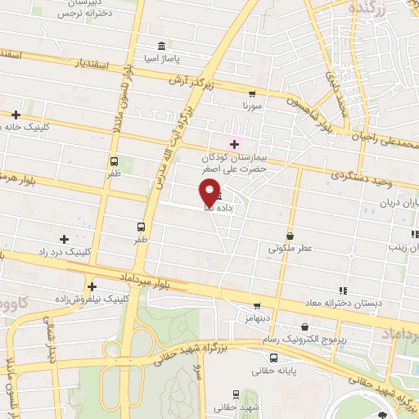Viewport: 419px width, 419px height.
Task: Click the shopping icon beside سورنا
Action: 251,94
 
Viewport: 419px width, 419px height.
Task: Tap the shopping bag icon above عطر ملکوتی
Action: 290,234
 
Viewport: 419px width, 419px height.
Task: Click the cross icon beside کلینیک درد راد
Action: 64,239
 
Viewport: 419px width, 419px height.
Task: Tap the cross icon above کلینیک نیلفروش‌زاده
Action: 92,286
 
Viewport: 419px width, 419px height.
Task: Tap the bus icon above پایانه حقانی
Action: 273,358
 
